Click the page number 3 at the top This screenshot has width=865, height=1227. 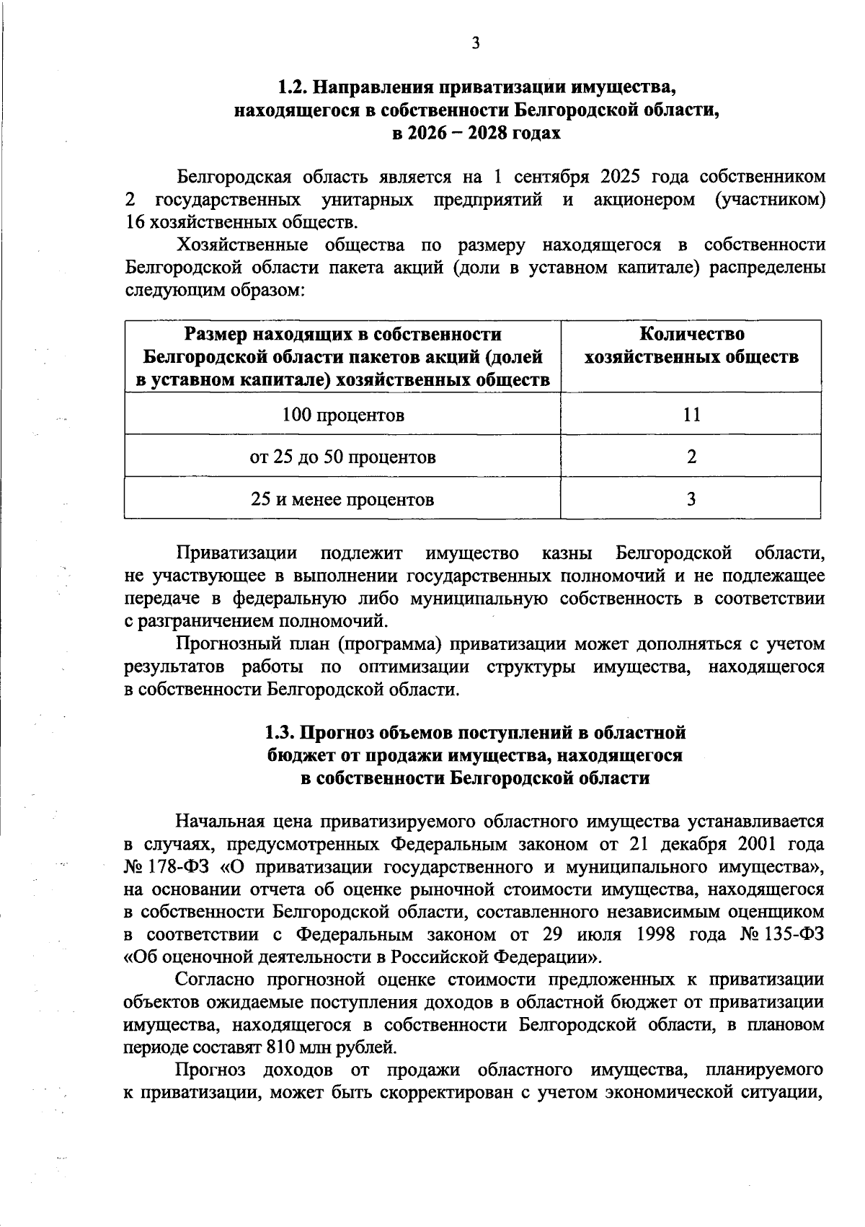coord(475,43)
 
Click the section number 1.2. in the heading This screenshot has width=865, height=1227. coord(294,88)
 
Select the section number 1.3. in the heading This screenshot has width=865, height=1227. coord(280,733)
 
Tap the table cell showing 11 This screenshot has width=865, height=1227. coord(691,415)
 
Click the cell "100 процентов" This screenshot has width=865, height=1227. coord(342,415)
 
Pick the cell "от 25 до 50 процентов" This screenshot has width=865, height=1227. coord(342,457)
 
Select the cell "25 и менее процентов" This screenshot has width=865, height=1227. coord(342,499)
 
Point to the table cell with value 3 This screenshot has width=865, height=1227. coord(691,499)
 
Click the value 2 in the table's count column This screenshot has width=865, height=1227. coord(691,457)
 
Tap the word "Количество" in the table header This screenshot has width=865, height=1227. coord(691,334)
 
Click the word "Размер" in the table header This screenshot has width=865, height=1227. coord(213,334)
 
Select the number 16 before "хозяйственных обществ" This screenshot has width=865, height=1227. coord(134,222)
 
